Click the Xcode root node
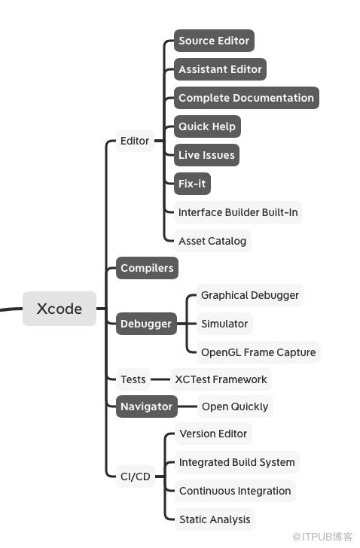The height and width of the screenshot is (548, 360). pos(59,309)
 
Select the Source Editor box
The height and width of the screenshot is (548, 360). pos(214,41)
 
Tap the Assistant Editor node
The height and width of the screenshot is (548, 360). pos(220,69)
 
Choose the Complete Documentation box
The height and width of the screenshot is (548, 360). pos(246,98)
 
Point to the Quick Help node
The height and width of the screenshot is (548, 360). pos(207,126)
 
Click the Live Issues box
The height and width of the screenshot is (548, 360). pos(206,155)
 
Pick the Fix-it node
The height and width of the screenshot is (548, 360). pos(192,184)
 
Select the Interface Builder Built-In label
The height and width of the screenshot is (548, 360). pos(238,212)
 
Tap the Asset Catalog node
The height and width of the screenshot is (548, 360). pos(212,241)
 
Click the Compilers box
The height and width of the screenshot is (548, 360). pos(147,268)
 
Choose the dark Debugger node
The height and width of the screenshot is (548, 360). pos(146,324)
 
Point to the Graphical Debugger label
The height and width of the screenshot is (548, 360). pos(250,295)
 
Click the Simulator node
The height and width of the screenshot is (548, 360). pos(224,324)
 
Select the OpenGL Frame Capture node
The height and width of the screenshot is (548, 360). pos(258,352)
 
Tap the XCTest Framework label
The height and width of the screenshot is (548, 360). pos(221,379)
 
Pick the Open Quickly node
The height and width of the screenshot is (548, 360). pos(235,406)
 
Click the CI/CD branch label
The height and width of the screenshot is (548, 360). pos(136,476)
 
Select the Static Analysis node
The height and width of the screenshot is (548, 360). pos(215,519)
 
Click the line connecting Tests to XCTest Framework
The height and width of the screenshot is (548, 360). pos(160,379)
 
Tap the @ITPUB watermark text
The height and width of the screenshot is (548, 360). pos(322,537)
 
